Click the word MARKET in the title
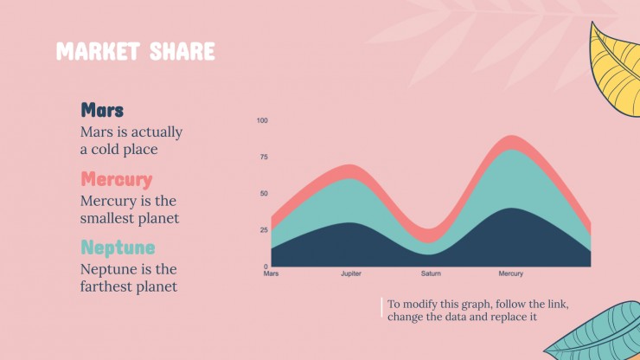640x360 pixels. [98, 51]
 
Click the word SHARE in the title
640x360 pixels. [182, 51]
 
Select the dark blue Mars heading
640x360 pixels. [102, 110]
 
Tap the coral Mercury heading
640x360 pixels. [117, 179]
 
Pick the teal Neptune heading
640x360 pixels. [118, 247]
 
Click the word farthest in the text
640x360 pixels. [106, 286]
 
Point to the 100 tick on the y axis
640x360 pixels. [262, 120]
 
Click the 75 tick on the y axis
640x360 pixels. [264, 157]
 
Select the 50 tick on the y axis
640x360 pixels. [264, 194]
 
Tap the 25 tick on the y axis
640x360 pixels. [264, 230]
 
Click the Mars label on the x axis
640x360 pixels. [271, 273]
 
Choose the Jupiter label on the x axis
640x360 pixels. [351, 273]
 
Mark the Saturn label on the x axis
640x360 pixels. [431, 273]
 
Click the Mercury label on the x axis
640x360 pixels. [510, 273]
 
